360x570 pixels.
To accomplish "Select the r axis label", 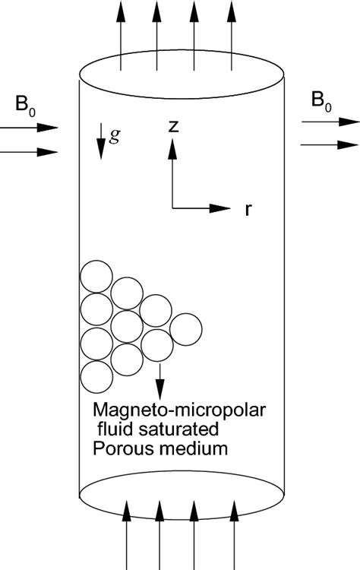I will coord(248,210).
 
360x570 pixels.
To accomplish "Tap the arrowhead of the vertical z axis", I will coord(173,149).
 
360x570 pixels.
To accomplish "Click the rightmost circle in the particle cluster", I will coord(186,328).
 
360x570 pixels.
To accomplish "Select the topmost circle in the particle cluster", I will coord(96,277).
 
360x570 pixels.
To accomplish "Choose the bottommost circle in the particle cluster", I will coord(96,376).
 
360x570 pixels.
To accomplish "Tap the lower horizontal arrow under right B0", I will coord(330,143).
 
